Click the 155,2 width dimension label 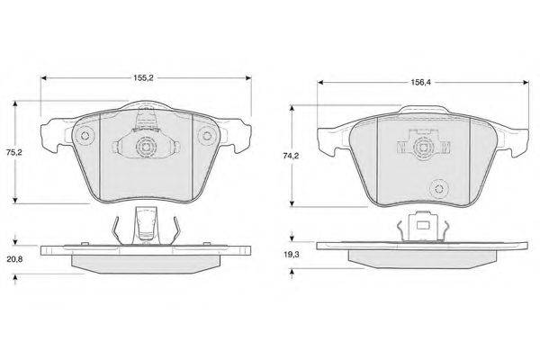click(143, 78)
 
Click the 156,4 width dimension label click(420, 82)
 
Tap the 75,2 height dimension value click(14, 152)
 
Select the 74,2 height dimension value click(291, 156)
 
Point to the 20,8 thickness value click(14, 259)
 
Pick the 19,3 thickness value click(292, 255)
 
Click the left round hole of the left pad click(85, 135)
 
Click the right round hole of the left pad click(207, 135)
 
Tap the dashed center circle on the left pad click(147, 148)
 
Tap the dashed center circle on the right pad click(423, 148)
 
